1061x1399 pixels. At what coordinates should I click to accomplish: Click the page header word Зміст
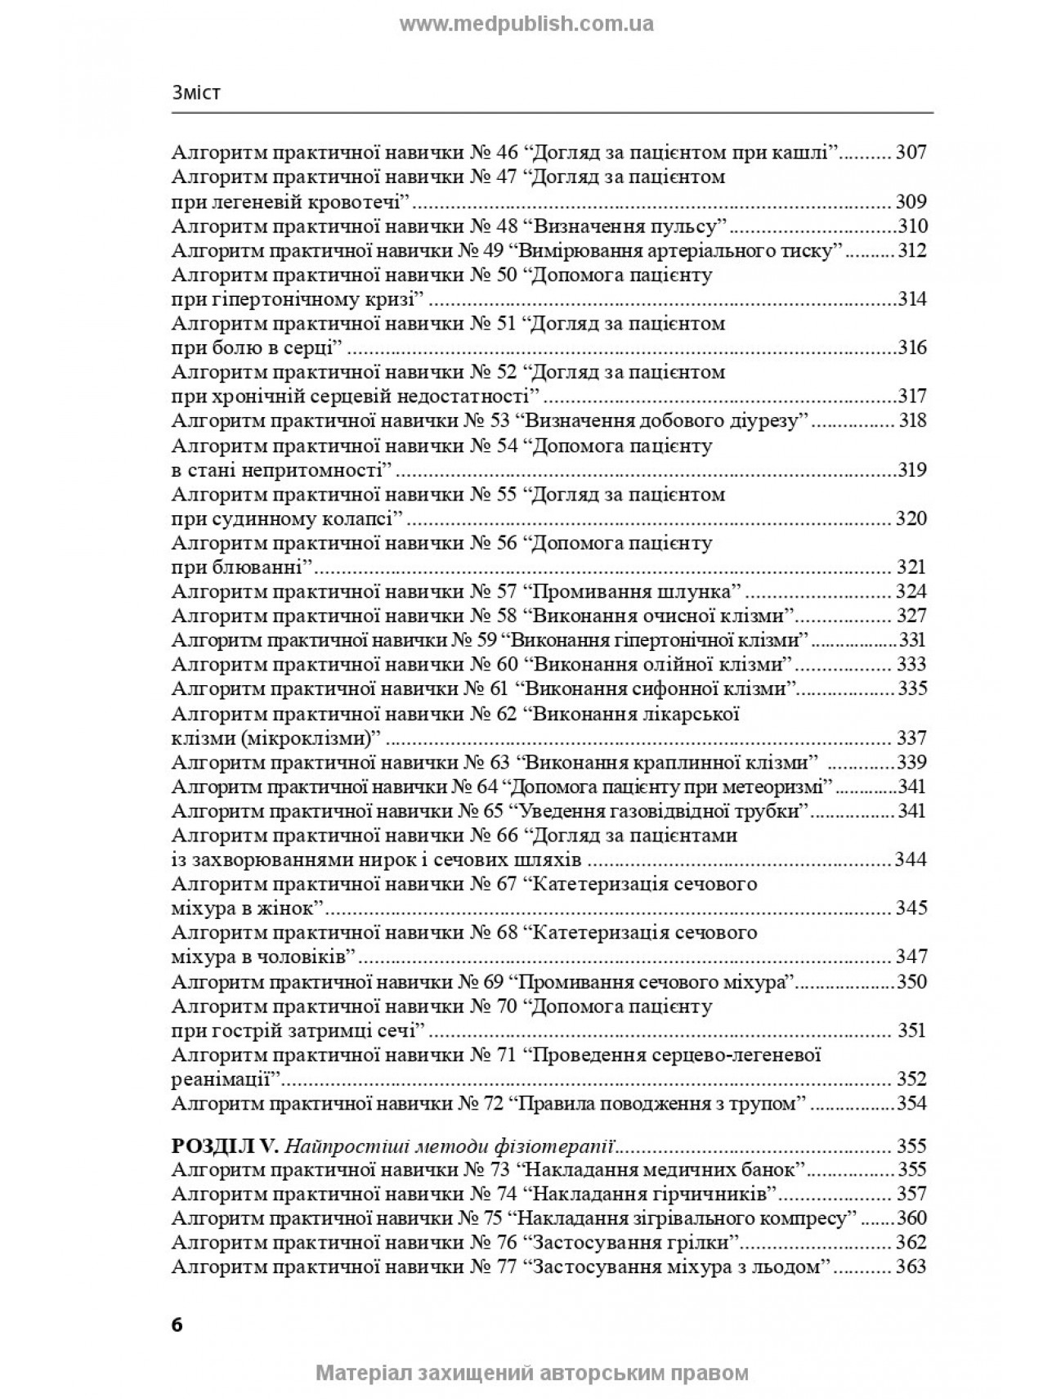[196, 93]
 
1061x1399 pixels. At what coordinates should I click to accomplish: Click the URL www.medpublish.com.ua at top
[526, 24]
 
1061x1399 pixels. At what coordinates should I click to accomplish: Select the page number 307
[911, 152]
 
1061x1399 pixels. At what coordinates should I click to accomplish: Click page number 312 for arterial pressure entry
[911, 250]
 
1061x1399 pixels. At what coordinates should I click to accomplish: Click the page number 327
[911, 616]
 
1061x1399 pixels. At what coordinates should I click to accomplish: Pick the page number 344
[911, 859]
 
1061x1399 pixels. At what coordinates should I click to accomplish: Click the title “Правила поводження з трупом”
[659, 1103]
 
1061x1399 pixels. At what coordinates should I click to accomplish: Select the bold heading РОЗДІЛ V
[215, 1145]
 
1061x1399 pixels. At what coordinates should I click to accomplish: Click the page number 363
[911, 1267]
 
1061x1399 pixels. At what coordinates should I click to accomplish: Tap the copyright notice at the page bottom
[531, 1373]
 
